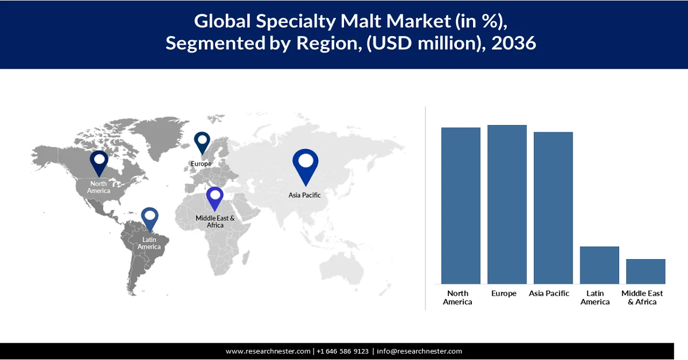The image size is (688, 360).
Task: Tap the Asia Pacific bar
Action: pyautogui.click(x=553, y=208)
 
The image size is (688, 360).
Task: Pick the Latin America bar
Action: pyautogui.click(x=599, y=265)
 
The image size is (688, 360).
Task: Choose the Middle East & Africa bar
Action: pyautogui.click(x=646, y=271)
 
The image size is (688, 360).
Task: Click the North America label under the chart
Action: pyautogui.click(x=458, y=298)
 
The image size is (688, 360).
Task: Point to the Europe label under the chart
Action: pyautogui.click(x=504, y=294)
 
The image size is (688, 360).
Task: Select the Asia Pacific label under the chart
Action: pyautogui.click(x=549, y=294)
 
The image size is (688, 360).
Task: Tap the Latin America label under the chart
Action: pyautogui.click(x=595, y=298)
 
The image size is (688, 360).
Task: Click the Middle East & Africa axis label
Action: pyautogui.click(x=642, y=298)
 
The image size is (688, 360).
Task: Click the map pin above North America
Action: pyautogui.click(x=99, y=162)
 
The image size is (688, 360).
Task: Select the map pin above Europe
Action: pyautogui.click(x=202, y=143)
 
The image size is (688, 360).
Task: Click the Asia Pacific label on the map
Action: pyautogui.click(x=304, y=195)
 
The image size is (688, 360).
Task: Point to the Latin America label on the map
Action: pyautogui.click(x=149, y=243)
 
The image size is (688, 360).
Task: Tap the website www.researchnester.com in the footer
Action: pyautogui.click(x=268, y=351)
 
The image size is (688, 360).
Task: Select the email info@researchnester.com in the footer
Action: pyautogui.click(x=419, y=351)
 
